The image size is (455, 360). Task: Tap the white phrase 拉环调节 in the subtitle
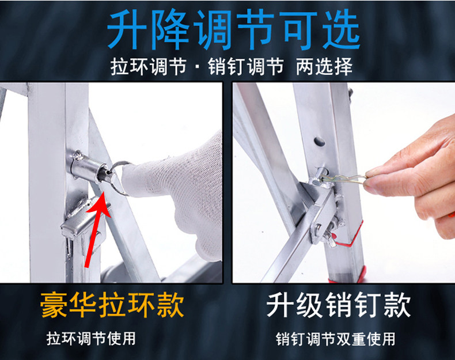pyautogui.click(x=148, y=66)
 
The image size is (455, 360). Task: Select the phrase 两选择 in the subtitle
pyautogui.click(x=324, y=66)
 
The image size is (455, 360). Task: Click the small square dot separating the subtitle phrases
pyautogui.click(x=198, y=67)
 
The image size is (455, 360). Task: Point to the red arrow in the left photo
pyautogui.click(x=97, y=229)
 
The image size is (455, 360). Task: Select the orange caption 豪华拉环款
pyautogui.click(x=112, y=305)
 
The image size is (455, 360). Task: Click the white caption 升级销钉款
pyautogui.click(x=339, y=305)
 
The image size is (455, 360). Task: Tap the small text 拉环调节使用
pyautogui.click(x=91, y=339)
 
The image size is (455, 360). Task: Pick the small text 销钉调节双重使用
pyautogui.click(x=335, y=339)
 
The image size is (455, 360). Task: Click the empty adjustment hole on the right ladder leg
pyautogui.click(x=320, y=142)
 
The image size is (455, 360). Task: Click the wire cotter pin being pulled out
pyautogui.click(x=343, y=178)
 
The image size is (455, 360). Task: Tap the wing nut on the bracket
pyautogui.click(x=330, y=236)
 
